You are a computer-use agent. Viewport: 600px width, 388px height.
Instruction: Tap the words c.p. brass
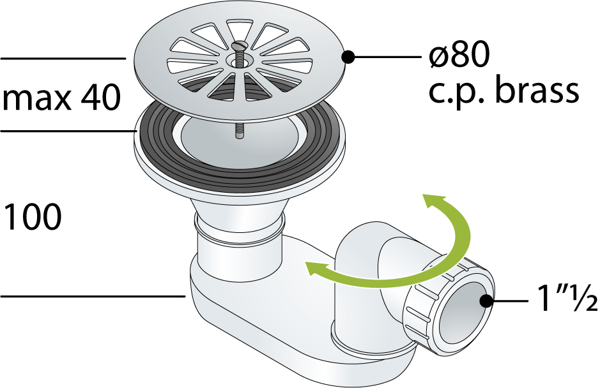(504, 91)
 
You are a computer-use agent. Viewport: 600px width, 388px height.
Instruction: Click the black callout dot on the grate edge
(348, 57)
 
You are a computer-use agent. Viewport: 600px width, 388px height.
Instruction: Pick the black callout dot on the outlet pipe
(486, 301)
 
